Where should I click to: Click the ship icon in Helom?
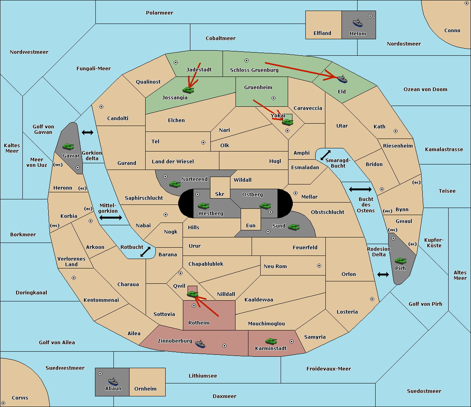tap(358, 23)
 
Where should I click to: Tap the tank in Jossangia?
tap(188, 90)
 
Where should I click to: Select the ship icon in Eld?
tap(342, 79)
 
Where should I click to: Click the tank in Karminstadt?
tap(271, 341)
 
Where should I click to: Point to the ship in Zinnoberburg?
tap(200, 344)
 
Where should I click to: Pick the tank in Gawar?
tap(68, 146)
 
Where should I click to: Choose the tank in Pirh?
tap(400, 261)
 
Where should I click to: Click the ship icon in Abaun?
tap(113, 381)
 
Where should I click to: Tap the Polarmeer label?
tap(159, 13)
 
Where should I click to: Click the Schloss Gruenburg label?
tap(254, 70)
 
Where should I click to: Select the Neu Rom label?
tap(275, 266)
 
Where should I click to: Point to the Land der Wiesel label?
tap(173, 161)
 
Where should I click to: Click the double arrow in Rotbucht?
tap(145, 252)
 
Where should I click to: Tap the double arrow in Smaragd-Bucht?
tap(325, 155)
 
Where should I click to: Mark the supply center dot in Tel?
tap(203, 142)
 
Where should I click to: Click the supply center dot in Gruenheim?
tap(274, 98)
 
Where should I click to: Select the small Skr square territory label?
tap(219, 194)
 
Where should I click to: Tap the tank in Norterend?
tap(175, 184)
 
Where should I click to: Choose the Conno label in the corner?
tap(452, 30)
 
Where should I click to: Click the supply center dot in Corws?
tap(3, 403)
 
